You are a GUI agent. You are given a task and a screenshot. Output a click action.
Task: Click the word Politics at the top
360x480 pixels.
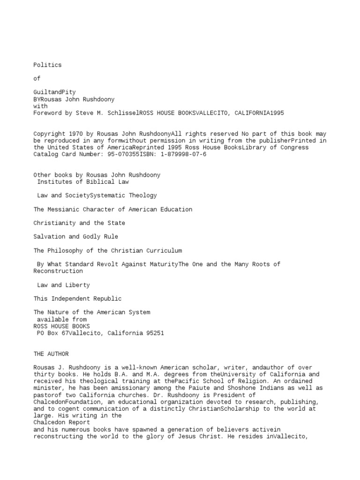click(47, 65)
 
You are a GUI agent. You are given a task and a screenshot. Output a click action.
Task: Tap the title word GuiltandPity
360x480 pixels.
click(54, 92)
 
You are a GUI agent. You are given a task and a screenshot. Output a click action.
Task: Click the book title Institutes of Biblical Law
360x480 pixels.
click(83, 182)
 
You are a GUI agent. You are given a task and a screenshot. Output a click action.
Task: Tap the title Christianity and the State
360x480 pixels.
click(79, 223)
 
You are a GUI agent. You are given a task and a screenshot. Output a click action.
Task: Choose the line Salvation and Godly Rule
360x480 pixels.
click(75, 237)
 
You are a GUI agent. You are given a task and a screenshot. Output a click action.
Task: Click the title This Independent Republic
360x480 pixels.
click(77, 299)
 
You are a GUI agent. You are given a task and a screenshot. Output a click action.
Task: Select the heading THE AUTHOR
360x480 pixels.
click(51, 354)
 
